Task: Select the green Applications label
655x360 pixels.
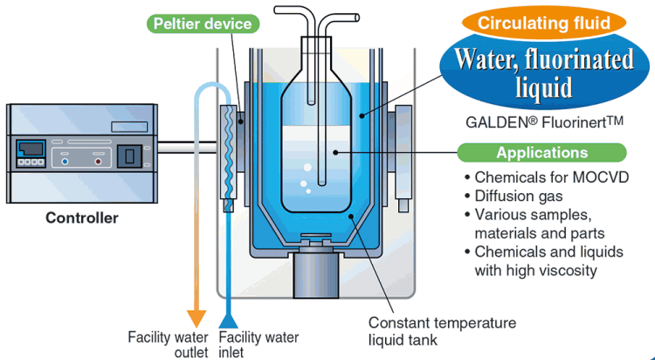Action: [541, 153]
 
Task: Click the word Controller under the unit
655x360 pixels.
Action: [81, 218]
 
